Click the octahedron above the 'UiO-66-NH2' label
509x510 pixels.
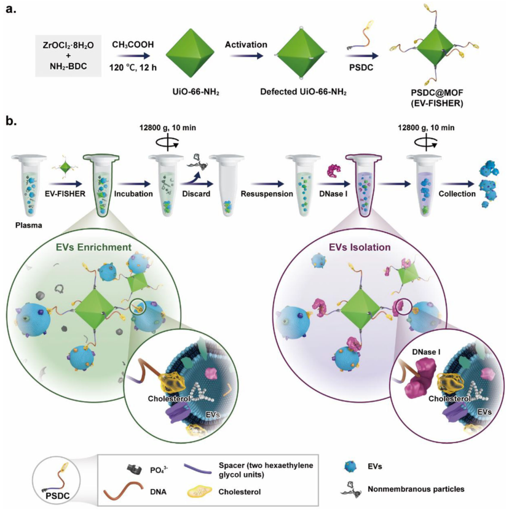click(192, 55)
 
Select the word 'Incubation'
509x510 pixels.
click(130, 194)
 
